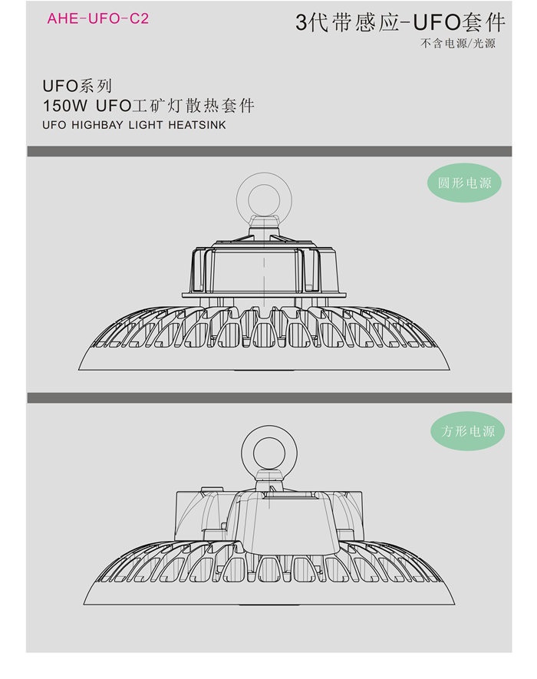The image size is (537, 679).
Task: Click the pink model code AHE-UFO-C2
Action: pos(98,18)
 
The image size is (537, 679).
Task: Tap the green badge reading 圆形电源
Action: pos(464,183)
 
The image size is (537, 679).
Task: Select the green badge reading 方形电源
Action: pos(468,431)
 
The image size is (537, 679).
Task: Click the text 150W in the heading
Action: pos(65,105)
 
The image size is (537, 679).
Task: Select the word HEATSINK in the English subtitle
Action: pos(197,125)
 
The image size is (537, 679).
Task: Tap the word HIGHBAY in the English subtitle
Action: pos(97,125)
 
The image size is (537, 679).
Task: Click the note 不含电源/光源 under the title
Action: pos(458,43)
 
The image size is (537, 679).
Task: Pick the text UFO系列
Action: pos(77,86)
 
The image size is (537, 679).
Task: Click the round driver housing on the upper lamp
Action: pos(264,269)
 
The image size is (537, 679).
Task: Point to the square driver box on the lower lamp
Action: pos(269,516)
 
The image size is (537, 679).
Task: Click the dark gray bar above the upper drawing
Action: pos(269,151)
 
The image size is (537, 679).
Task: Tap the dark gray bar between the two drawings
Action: pos(269,398)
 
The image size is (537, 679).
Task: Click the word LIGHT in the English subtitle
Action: pos(146,125)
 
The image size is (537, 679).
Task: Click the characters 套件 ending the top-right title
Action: pos(483,22)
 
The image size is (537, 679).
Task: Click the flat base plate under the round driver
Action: pos(264,295)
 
